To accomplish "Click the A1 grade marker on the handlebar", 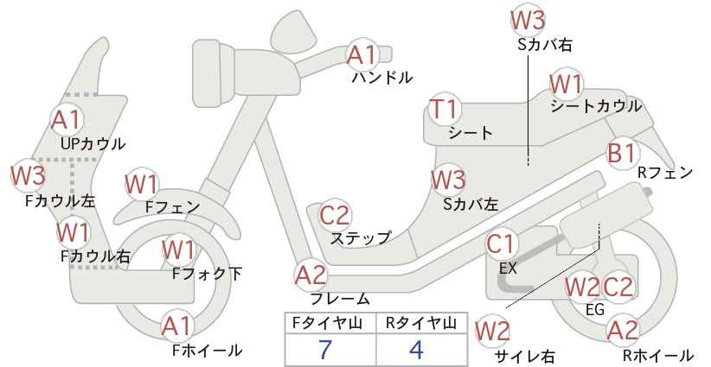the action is point(362,55).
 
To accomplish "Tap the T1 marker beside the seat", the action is point(445,110).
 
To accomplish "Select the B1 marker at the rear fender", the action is point(622,154).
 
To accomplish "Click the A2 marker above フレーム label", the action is point(311,275).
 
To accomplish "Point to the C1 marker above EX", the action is point(502,244).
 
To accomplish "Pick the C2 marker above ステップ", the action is point(335,215).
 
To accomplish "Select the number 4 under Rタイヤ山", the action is point(416,350).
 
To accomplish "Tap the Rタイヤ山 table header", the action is point(421,323).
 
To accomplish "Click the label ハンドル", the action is point(382,78).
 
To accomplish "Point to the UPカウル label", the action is point(93,144).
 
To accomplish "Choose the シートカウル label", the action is point(596,106).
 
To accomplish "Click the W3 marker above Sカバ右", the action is point(528,20).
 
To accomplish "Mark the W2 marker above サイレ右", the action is point(492,332).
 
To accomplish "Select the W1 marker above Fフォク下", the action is point(179,250).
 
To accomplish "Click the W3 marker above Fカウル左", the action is point(29,175).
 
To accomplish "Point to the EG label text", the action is point(595,309).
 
